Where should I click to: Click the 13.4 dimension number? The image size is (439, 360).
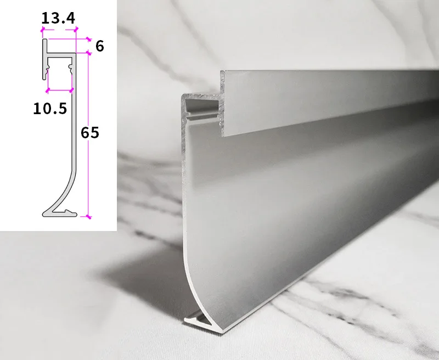pos(58,18)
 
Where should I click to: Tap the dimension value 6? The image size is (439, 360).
pos(100,46)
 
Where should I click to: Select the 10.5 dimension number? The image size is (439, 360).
pos(50,109)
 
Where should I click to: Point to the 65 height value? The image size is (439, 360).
pos(90,132)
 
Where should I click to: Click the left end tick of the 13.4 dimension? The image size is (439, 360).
pos(43,30)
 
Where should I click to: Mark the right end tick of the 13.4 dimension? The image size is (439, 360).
pos(76,30)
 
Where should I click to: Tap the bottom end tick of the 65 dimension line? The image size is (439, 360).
pos(88,216)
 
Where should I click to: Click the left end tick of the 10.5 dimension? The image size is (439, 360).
pos(48,90)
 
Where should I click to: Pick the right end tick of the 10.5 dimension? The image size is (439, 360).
pos(72,90)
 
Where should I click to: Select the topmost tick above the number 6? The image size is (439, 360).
pos(88,39)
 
